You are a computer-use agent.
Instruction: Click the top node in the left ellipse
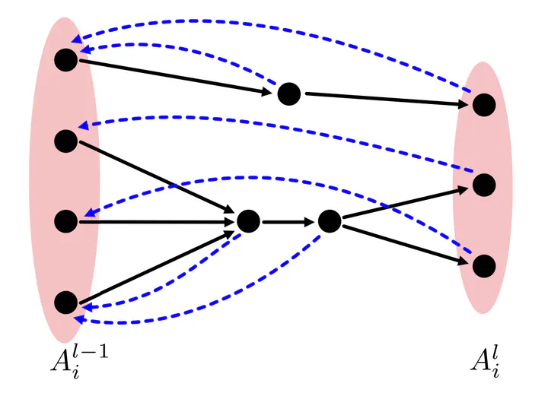66,59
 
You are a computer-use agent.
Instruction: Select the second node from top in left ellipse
66,140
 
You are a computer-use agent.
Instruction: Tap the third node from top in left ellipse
66,221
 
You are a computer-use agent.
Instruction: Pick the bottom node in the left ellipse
66,303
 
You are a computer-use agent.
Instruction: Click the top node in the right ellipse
484,104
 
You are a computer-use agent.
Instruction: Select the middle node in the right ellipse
484,185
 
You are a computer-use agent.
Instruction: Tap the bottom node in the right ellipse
484,266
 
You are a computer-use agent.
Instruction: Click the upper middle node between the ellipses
288,94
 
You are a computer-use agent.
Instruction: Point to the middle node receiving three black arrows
248,221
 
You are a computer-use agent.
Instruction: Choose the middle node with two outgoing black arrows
330,221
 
